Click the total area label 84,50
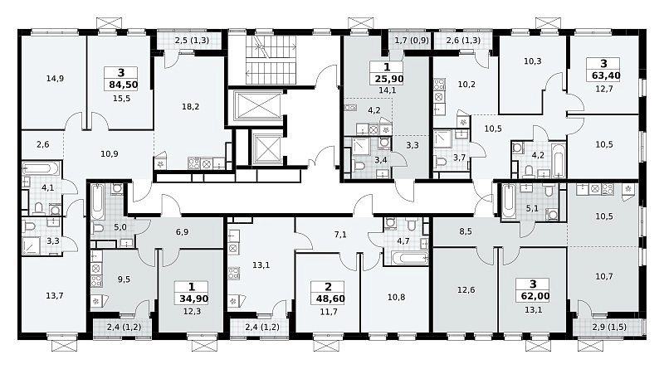(123, 85)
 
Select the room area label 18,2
(191, 107)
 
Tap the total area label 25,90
(388, 79)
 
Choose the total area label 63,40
(603, 75)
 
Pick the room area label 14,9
(55, 78)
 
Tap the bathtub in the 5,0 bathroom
(97, 202)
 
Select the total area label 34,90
(193, 299)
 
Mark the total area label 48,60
(330, 299)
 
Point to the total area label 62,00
(533, 296)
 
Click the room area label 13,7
(55, 295)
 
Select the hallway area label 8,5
(466, 232)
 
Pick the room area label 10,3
(532, 61)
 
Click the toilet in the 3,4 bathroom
(360, 165)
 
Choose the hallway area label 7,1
(340, 235)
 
